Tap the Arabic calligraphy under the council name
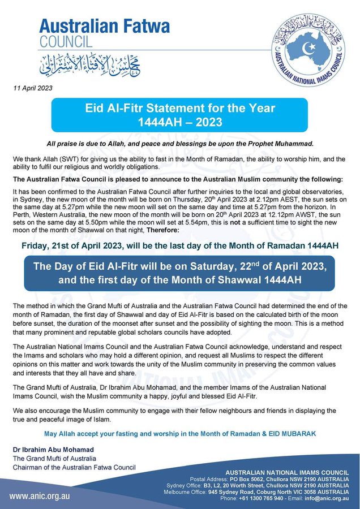click(x=91, y=64)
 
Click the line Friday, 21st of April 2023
click(x=180, y=245)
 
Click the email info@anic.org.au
click(x=328, y=498)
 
